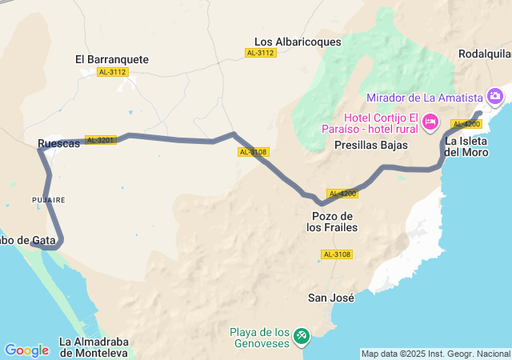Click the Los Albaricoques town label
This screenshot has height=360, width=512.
pyautogui.click(x=298, y=42)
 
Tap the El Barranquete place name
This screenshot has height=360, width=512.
pyautogui.click(x=112, y=59)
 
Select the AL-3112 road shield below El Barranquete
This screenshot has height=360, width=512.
pyautogui.click(x=112, y=72)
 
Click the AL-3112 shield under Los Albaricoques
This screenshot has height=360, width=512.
pyautogui.click(x=261, y=53)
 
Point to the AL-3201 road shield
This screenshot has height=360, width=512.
pyautogui.click(x=100, y=140)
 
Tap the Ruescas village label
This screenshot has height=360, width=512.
pyautogui.click(x=58, y=144)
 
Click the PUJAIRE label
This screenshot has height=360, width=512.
pyautogui.click(x=48, y=199)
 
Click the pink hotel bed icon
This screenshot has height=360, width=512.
pyautogui.click(x=430, y=122)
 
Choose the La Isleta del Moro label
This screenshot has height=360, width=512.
pyautogui.click(x=466, y=147)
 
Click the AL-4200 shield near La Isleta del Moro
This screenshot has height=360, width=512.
pyautogui.click(x=466, y=124)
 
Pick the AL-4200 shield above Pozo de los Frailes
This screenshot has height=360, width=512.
pyautogui.click(x=342, y=194)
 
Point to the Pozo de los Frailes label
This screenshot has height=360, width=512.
pyautogui.click(x=332, y=222)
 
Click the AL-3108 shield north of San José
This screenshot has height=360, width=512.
pyautogui.click(x=336, y=254)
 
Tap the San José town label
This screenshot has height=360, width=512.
pyautogui.click(x=331, y=298)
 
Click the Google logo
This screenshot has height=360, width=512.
pyautogui.click(x=26, y=350)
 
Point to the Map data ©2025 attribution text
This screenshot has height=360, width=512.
pyautogui.click(x=435, y=354)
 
